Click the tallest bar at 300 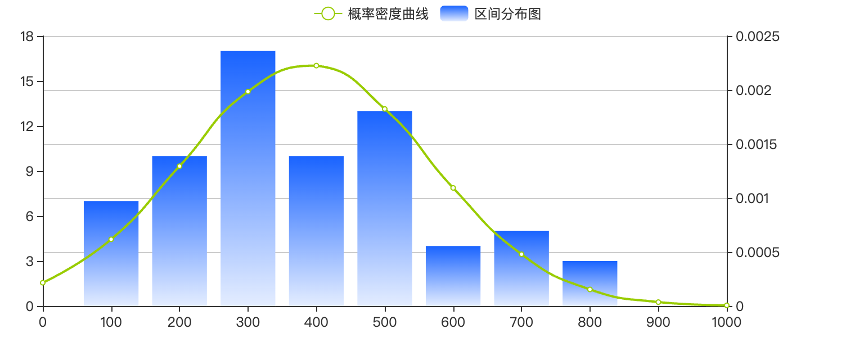tap(247, 178)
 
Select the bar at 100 tap(111, 254)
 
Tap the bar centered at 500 tap(385, 209)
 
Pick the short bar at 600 tap(453, 276)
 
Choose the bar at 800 tap(589, 283)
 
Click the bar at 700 tap(521, 268)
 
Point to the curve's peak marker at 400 tap(317, 66)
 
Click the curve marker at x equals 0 tap(43, 283)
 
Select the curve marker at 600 tap(453, 188)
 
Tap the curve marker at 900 tap(659, 302)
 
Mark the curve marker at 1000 tap(727, 305)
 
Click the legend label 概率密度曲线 tap(388, 14)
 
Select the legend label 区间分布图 tap(507, 14)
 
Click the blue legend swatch tap(454, 13)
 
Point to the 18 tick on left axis tap(27, 37)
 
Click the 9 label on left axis tap(30, 172)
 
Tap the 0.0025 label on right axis tap(758, 37)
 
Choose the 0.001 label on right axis tap(752, 199)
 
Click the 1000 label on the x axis tap(727, 322)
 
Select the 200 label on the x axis tap(179, 322)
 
